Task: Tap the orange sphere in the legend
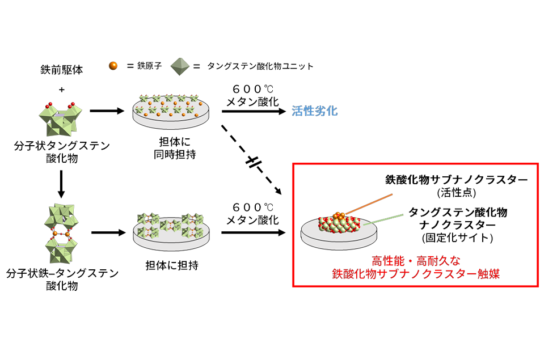(x=113, y=66)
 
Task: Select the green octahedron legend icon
(x=179, y=65)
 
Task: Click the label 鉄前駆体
(x=61, y=70)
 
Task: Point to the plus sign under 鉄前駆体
(x=61, y=89)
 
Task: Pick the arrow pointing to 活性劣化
(x=253, y=111)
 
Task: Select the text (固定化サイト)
(x=457, y=238)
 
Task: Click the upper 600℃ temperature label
(x=252, y=89)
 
